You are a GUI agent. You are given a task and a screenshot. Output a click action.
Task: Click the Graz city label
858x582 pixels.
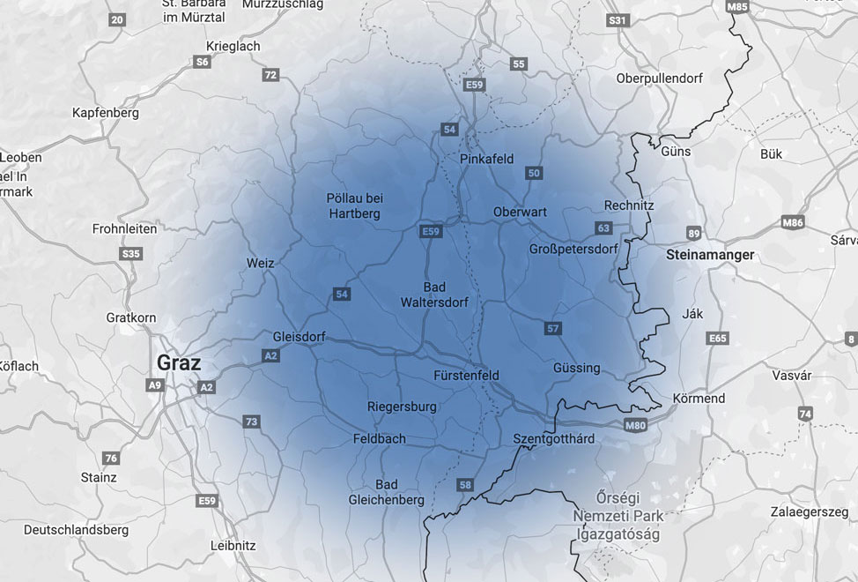pyautogui.click(x=179, y=362)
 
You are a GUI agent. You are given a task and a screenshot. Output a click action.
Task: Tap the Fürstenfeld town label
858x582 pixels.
pyautogui.click(x=466, y=376)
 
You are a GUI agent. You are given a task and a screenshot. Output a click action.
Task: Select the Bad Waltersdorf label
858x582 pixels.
pyautogui.click(x=434, y=295)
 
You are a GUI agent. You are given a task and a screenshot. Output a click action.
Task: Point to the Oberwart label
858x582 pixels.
pyautogui.click(x=520, y=212)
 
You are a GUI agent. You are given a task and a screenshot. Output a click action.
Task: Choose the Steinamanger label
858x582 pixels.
pyautogui.click(x=711, y=255)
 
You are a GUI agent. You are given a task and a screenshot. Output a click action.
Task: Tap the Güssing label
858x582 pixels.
pyautogui.click(x=576, y=368)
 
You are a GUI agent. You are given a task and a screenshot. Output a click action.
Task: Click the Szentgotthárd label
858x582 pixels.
pyautogui.click(x=553, y=438)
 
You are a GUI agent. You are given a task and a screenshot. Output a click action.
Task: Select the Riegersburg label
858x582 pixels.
pyautogui.click(x=402, y=407)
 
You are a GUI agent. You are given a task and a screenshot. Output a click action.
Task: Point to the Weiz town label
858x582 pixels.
pyautogui.click(x=261, y=263)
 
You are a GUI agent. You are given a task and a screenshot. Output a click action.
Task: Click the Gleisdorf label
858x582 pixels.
pyautogui.click(x=300, y=337)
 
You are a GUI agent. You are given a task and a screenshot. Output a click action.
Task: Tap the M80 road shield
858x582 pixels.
pyautogui.click(x=635, y=426)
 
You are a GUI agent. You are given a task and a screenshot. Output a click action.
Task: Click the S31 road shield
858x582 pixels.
pyautogui.click(x=618, y=20)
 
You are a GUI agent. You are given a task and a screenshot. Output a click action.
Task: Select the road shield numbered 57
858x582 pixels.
pyautogui.click(x=552, y=329)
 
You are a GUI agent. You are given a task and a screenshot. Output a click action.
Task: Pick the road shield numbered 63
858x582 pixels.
pyautogui.click(x=603, y=228)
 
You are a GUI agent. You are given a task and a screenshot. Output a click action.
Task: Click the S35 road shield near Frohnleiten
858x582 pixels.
pyautogui.click(x=130, y=254)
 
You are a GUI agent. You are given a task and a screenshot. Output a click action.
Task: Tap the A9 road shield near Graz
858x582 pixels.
pyautogui.click(x=155, y=385)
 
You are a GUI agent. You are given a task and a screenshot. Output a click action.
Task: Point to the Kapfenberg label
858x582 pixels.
pyautogui.click(x=106, y=113)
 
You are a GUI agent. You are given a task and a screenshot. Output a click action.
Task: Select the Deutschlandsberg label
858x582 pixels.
pyautogui.click(x=76, y=530)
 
